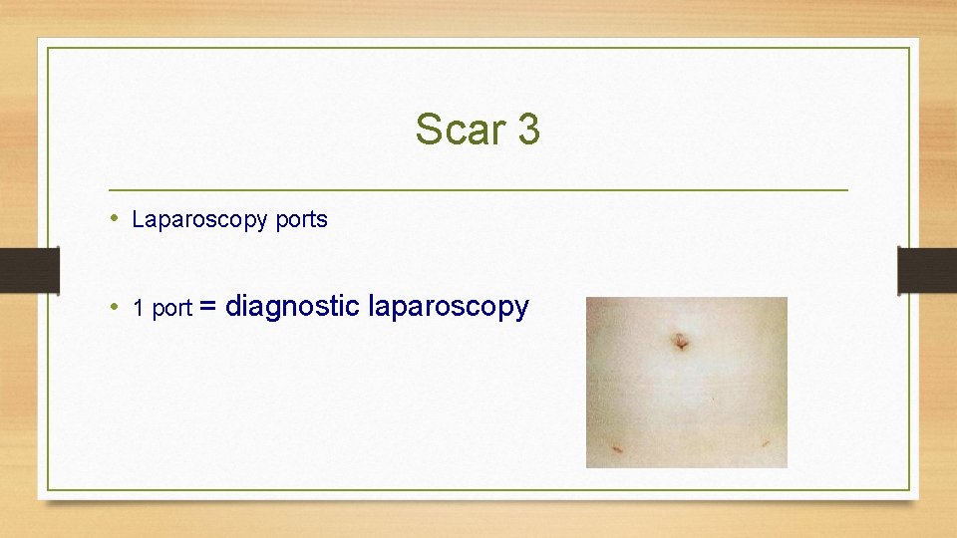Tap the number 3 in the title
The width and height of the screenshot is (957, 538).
[527, 130]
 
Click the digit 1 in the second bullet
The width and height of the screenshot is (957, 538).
[138, 309]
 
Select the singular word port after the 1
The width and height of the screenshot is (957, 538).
[171, 310]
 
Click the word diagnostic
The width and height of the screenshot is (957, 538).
[292, 307]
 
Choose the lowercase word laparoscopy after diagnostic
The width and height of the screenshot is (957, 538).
[449, 307]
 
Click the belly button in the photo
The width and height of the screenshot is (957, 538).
[681, 342]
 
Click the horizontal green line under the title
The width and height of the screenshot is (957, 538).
[478, 189]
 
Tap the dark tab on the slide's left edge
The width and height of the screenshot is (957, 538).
[29, 270]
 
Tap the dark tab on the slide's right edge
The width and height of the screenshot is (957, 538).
[927, 270]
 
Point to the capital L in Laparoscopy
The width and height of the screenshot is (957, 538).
[138, 220]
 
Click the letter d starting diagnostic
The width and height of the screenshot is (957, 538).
[234, 307]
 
